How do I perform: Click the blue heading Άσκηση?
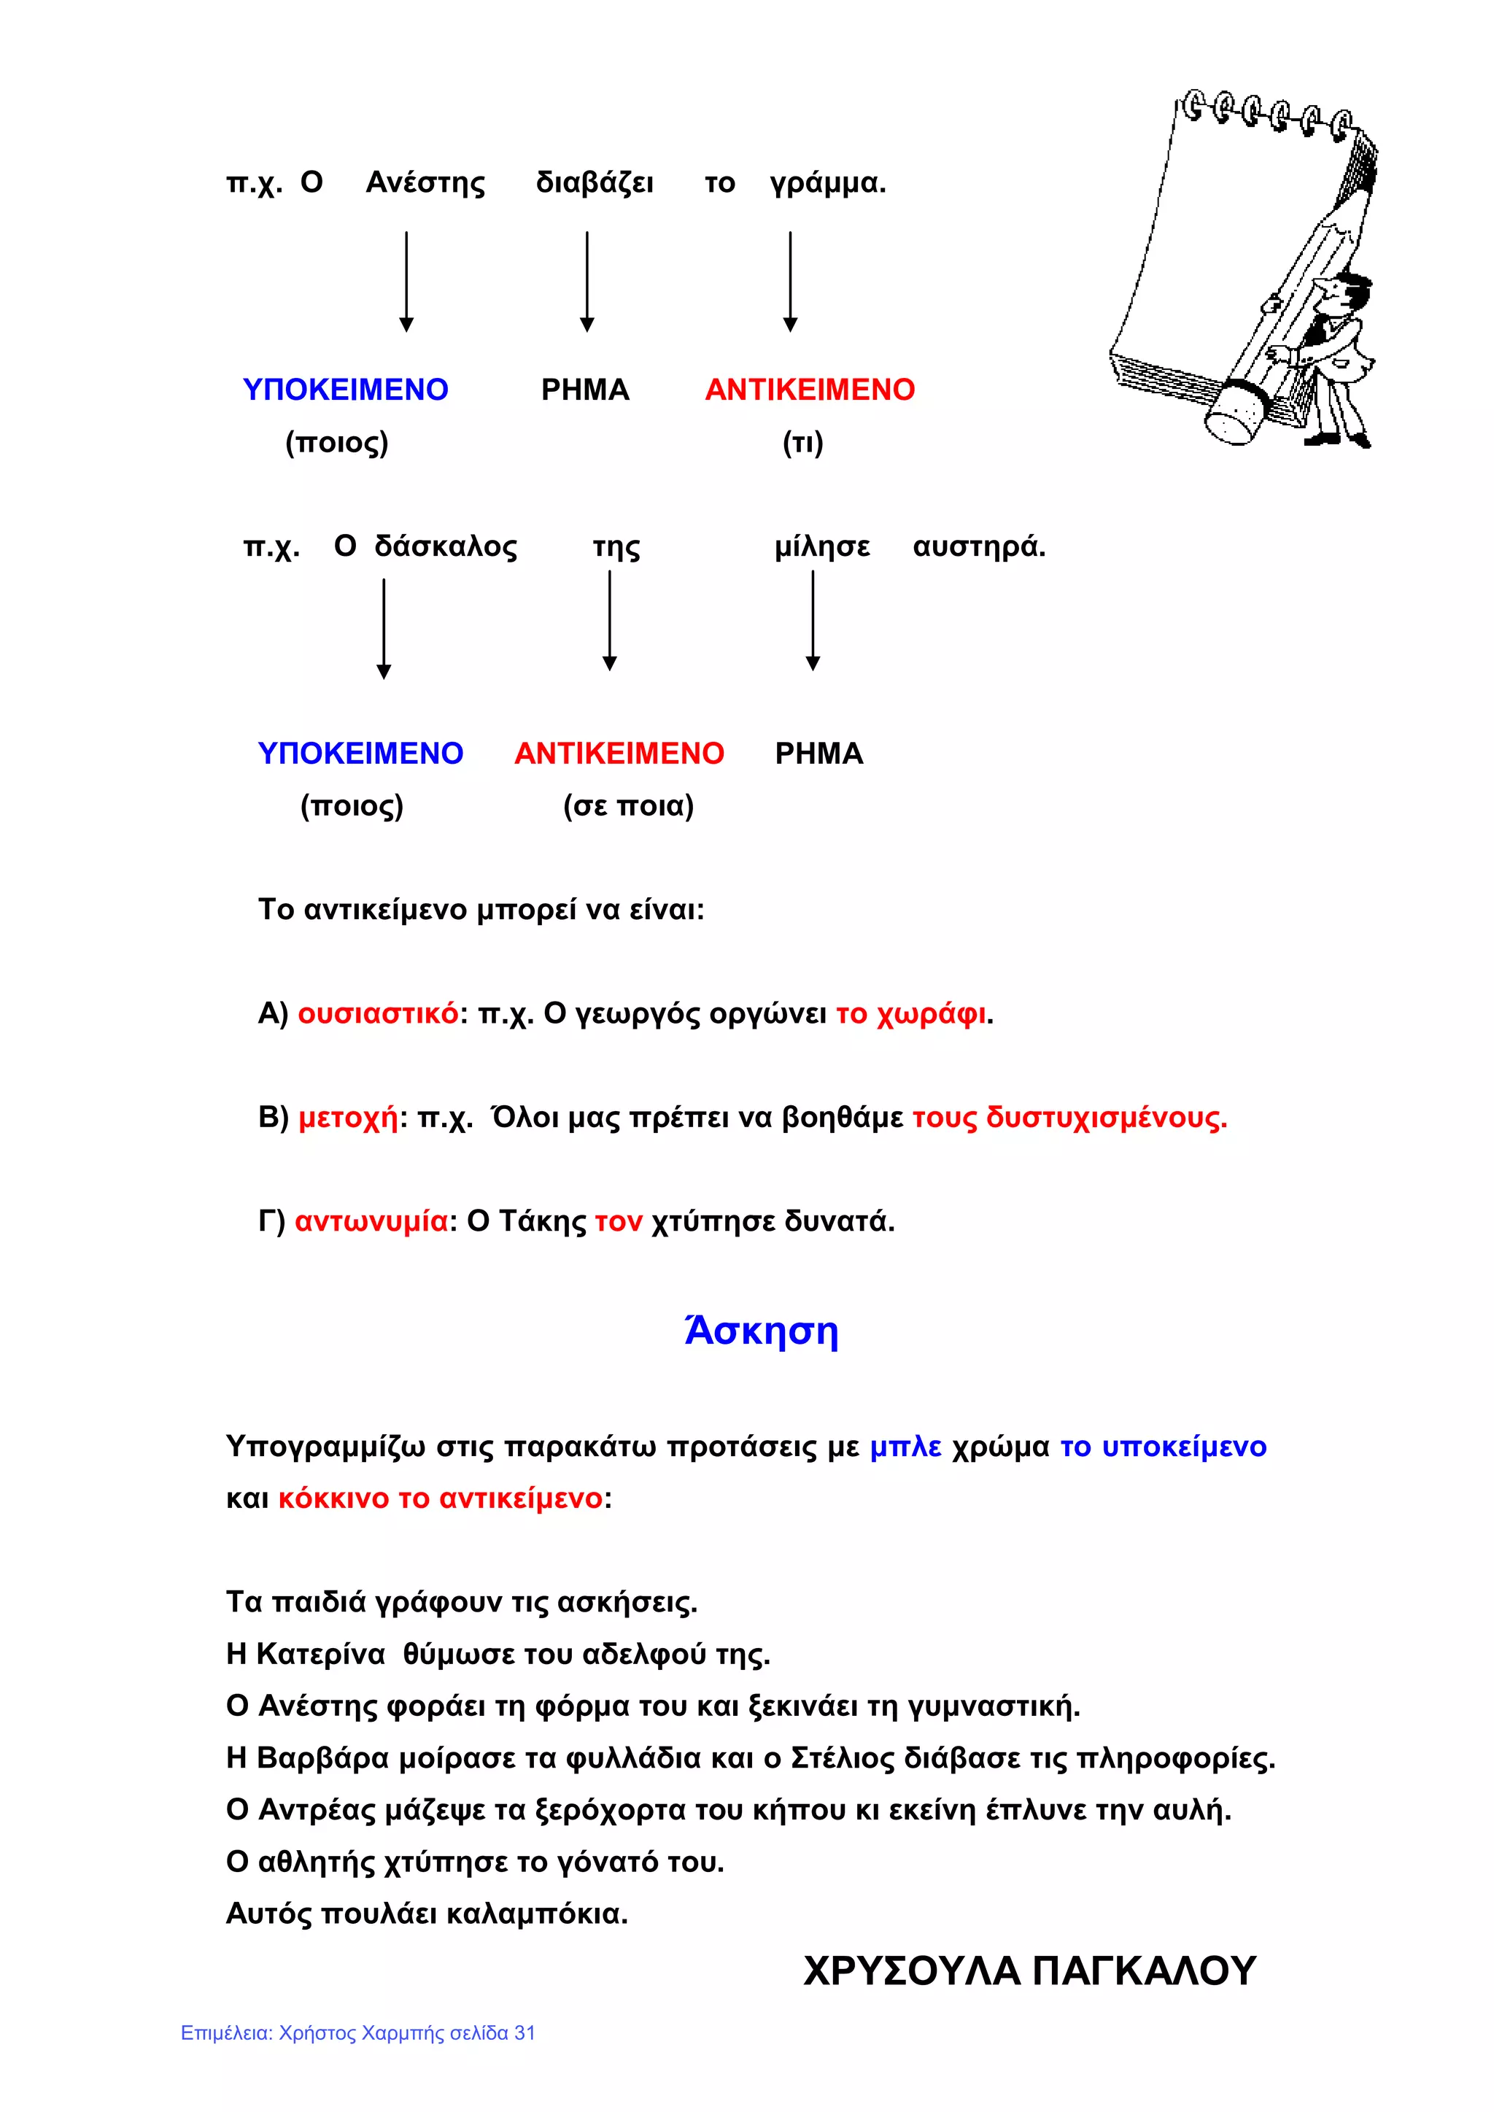point(761,1331)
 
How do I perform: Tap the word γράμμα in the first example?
point(827,183)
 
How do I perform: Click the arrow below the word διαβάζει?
point(587,282)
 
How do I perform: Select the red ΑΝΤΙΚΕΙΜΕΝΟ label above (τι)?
point(810,390)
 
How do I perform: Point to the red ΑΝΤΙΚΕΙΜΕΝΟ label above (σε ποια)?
point(619,754)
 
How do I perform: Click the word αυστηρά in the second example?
point(978,546)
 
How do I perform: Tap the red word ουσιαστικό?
point(378,1013)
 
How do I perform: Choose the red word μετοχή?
point(349,1118)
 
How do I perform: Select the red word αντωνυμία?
point(371,1221)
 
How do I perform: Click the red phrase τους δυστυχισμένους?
point(1069,1118)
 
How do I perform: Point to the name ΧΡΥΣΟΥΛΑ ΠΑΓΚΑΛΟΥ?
point(1029,1971)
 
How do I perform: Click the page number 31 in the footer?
point(525,2033)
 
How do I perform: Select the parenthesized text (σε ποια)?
point(628,806)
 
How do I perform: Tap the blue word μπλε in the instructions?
point(905,1447)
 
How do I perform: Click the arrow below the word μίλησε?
point(813,620)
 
